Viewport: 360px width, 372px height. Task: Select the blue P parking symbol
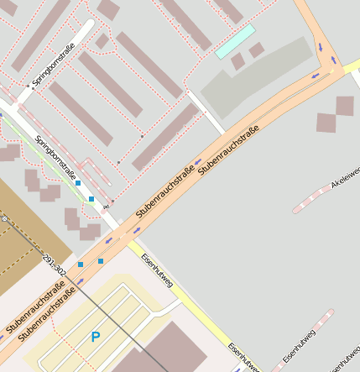click(x=96, y=337)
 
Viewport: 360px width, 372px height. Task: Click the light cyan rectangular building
click(x=235, y=41)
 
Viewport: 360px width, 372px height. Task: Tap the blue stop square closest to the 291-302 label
click(x=81, y=265)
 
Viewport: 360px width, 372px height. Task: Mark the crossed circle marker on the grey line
click(x=4, y=218)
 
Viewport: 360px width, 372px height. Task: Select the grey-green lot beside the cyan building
click(x=252, y=80)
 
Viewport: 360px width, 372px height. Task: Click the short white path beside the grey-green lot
click(x=206, y=112)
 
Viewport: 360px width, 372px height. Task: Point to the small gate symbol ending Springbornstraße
click(x=106, y=206)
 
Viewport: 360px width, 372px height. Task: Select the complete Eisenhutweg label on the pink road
click(x=300, y=346)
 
